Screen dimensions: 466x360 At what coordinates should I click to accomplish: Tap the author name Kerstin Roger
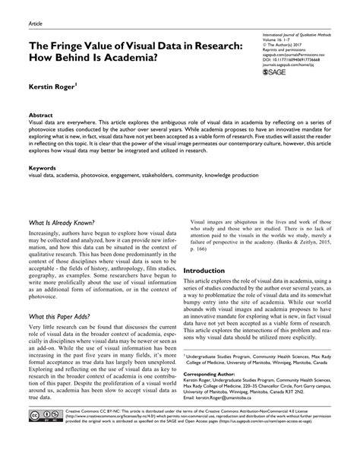52,89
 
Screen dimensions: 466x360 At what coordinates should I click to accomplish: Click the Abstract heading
41,113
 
